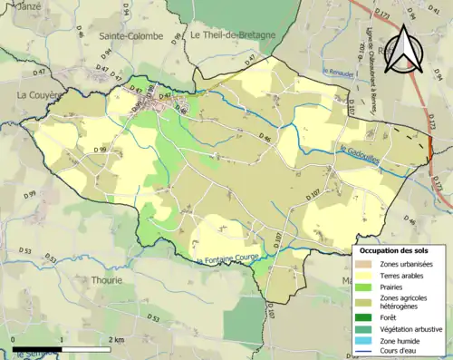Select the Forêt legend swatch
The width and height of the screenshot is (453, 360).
tap(366, 317)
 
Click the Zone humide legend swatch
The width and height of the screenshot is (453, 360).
tap(366, 341)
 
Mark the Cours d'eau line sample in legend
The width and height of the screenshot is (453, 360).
tap(366, 353)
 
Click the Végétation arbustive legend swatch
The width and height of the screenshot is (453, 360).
tap(366, 329)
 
